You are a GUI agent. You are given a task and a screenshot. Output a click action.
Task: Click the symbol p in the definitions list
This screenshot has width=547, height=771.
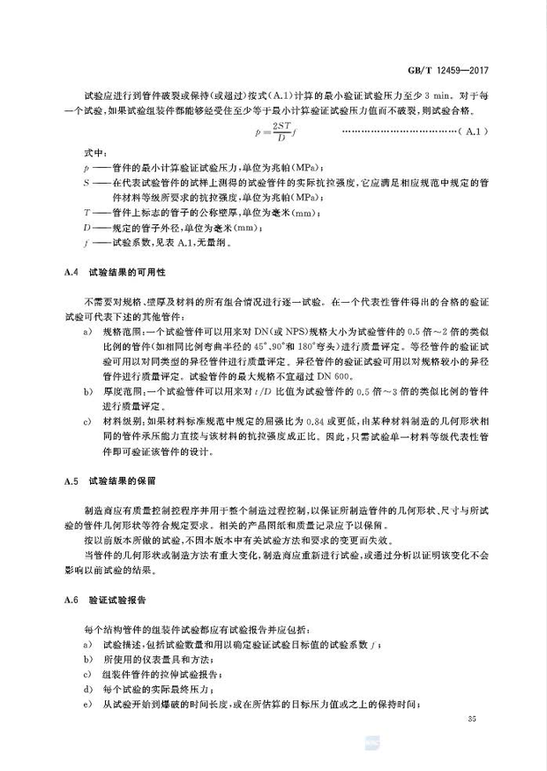(x=86, y=165)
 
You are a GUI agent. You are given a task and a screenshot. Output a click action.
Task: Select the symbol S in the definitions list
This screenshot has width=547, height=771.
(x=86, y=179)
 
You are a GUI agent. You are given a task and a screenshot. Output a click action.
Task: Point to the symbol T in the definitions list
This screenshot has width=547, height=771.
(x=86, y=212)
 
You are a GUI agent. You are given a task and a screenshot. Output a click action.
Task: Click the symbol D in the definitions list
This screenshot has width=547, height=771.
(x=86, y=226)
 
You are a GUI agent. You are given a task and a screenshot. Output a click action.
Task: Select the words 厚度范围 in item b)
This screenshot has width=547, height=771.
(x=120, y=391)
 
